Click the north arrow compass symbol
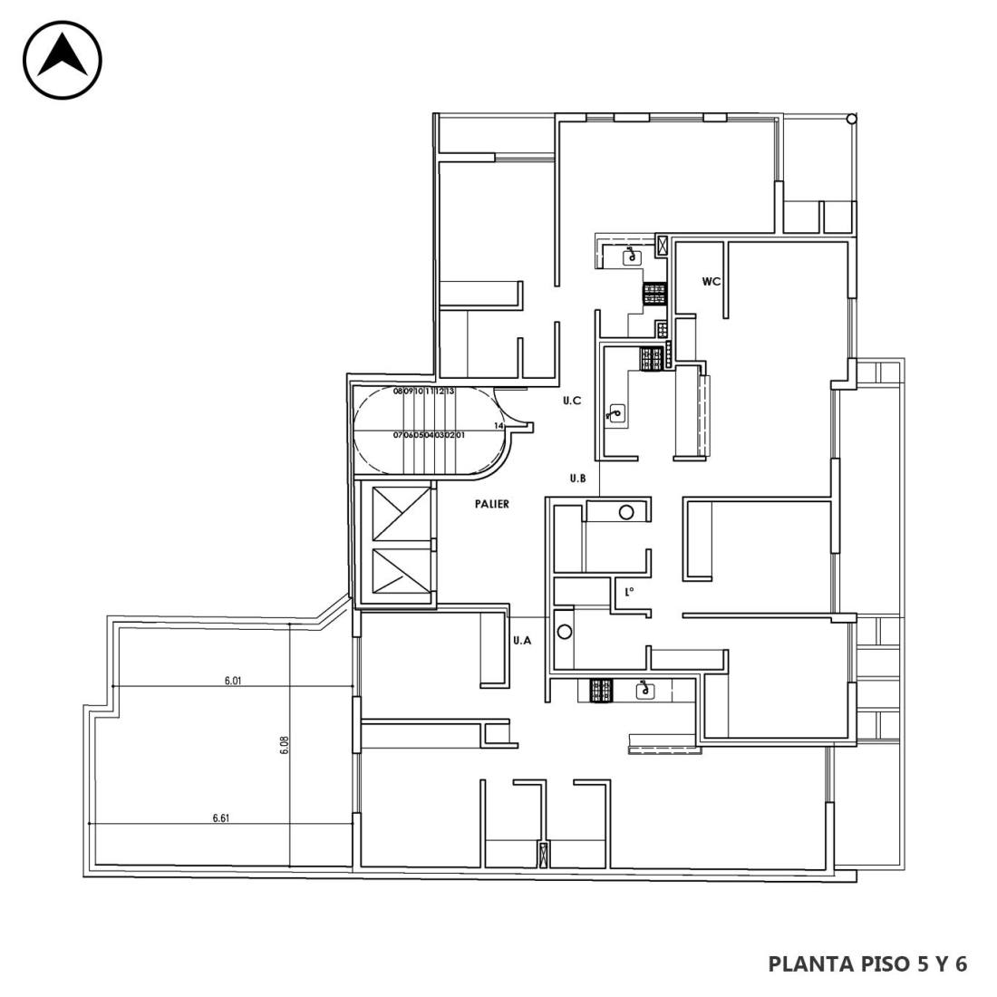(x=63, y=60)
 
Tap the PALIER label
(x=491, y=504)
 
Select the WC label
(x=711, y=281)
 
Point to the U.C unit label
(x=572, y=401)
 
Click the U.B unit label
(x=577, y=479)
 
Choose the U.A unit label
(x=522, y=640)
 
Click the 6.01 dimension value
(x=233, y=681)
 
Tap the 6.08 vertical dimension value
(x=285, y=744)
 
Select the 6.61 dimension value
(x=220, y=818)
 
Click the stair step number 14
(x=498, y=425)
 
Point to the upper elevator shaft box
(x=402, y=514)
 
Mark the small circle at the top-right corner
(x=851, y=119)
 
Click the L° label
(x=629, y=592)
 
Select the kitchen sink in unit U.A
(x=646, y=689)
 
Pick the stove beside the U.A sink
(x=601, y=691)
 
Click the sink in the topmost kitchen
(x=632, y=257)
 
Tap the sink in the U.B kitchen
(x=615, y=413)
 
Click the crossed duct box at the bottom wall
(x=544, y=856)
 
